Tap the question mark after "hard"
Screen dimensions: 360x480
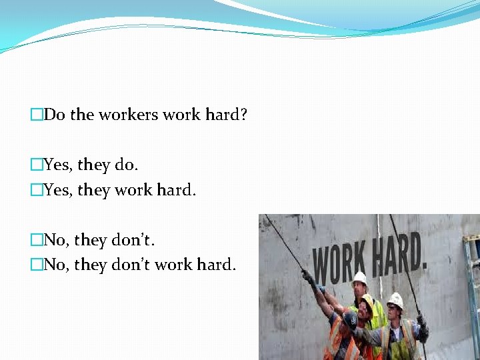point(243,115)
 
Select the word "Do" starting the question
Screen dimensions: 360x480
point(55,115)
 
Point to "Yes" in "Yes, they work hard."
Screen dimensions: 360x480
point(57,191)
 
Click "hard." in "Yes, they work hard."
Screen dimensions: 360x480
point(176,191)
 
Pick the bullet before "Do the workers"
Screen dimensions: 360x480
point(37,115)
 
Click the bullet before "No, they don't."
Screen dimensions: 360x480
point(37,239)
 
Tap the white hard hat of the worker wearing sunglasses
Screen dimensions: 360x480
point(395,300)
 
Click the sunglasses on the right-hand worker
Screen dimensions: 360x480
point(394,309)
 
